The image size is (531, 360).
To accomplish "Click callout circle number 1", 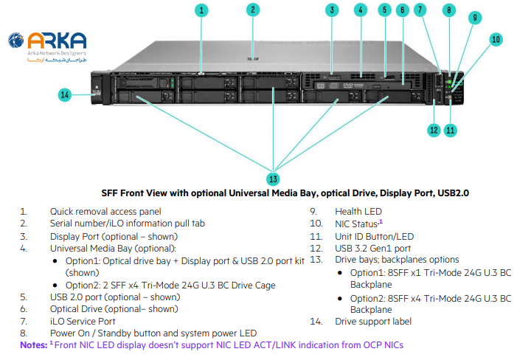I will click(203, 10).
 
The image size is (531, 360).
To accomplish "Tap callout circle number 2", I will click(252, 10).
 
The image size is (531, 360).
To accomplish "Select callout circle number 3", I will click(333, 10).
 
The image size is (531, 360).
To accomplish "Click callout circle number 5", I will click(384, 10).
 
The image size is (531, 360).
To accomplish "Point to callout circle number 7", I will click(420, 10).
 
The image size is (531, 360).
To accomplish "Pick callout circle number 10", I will click(496, 39).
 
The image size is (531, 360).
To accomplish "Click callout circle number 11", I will click(451, 130).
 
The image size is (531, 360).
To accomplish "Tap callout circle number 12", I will click(434, 130).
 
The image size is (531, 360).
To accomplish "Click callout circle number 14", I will click(65, 94).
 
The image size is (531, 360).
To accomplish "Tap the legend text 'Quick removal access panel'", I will click(105, 211).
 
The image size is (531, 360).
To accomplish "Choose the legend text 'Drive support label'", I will click(373, 322).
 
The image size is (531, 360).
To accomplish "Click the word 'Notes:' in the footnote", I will click(34, 345).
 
